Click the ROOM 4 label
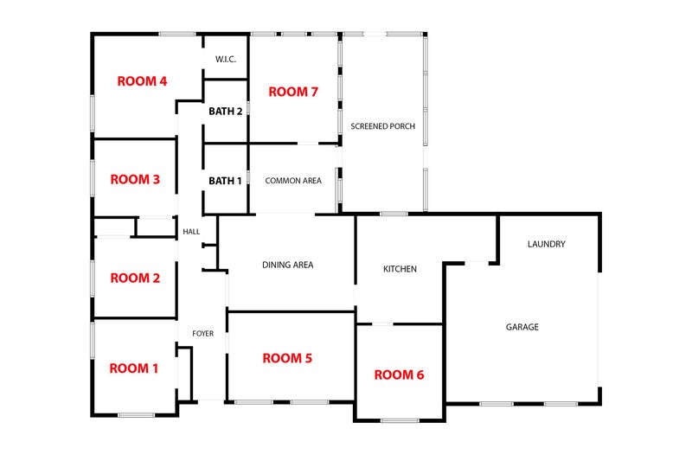(142, 81)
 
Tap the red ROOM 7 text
(293, 92)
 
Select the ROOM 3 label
(135, 180)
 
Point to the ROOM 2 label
(135, 278)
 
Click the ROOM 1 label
(134, 368)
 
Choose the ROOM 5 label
(287, 358)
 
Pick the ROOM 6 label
(399, 375)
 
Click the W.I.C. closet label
(226, 59)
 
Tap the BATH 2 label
(226, 112)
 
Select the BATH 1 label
(225, 181)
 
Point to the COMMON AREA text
(293, 181)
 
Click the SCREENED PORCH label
(382, 126)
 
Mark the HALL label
(191, 232)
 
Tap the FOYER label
(203, 334)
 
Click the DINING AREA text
(288, 265)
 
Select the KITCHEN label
(400, 269)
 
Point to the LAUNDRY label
(547, 244)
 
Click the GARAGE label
(522, 327)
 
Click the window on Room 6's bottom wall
(400, 421)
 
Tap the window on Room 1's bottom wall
(137, 415)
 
